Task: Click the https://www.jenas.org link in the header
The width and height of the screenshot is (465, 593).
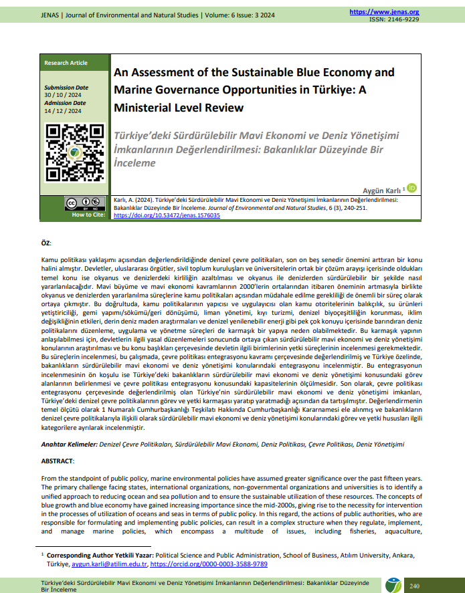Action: point(384,12)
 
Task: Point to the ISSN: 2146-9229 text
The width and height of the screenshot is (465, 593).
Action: point(394,19)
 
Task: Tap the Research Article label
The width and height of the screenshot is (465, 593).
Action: point(66,63)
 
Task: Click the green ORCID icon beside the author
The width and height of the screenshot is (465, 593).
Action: point(412,189)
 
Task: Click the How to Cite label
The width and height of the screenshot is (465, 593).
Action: point(87,215)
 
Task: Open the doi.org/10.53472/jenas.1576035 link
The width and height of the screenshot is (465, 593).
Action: point(167,215)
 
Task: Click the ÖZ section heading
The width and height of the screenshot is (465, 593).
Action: point(46,243)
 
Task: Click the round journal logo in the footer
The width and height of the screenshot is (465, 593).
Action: point(393,585)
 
